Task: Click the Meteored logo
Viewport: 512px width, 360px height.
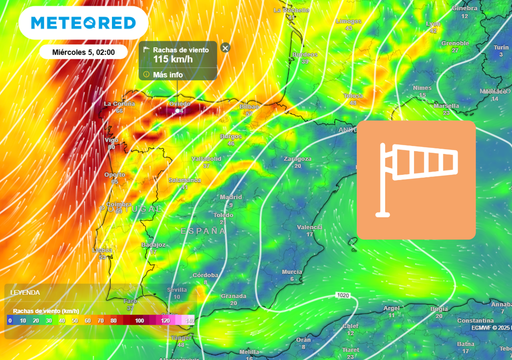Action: [x=83, y=22]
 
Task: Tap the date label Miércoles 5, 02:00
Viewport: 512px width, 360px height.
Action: [x=84, y=52]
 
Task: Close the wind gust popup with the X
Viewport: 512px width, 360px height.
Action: [x=225, y=48]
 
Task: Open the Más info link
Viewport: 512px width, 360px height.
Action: [x=168, y=74]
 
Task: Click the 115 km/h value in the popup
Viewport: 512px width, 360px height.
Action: [x=173, y=59]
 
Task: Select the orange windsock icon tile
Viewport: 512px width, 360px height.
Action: [x=416, y=180]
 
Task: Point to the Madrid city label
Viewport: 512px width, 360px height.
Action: [x=231, y=197]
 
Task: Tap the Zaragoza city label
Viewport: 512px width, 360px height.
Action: [x=297, y=158]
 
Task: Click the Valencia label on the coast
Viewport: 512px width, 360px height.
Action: [x=310, y=227]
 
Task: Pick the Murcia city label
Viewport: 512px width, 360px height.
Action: [x=292, y=271]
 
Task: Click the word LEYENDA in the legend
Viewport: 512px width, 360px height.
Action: [x=25, y=292]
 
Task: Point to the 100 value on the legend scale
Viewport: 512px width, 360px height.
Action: [x=138, y=321]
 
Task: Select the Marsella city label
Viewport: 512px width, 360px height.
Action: [x=446, y=105]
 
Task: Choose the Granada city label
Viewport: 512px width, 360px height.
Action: [x=234, y=296]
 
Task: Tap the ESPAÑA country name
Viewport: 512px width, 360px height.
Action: [x=203, y=230]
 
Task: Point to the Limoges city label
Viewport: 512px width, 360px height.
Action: [x=348, y=20]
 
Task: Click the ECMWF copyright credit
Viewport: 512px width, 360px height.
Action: [x=489, y=327]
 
